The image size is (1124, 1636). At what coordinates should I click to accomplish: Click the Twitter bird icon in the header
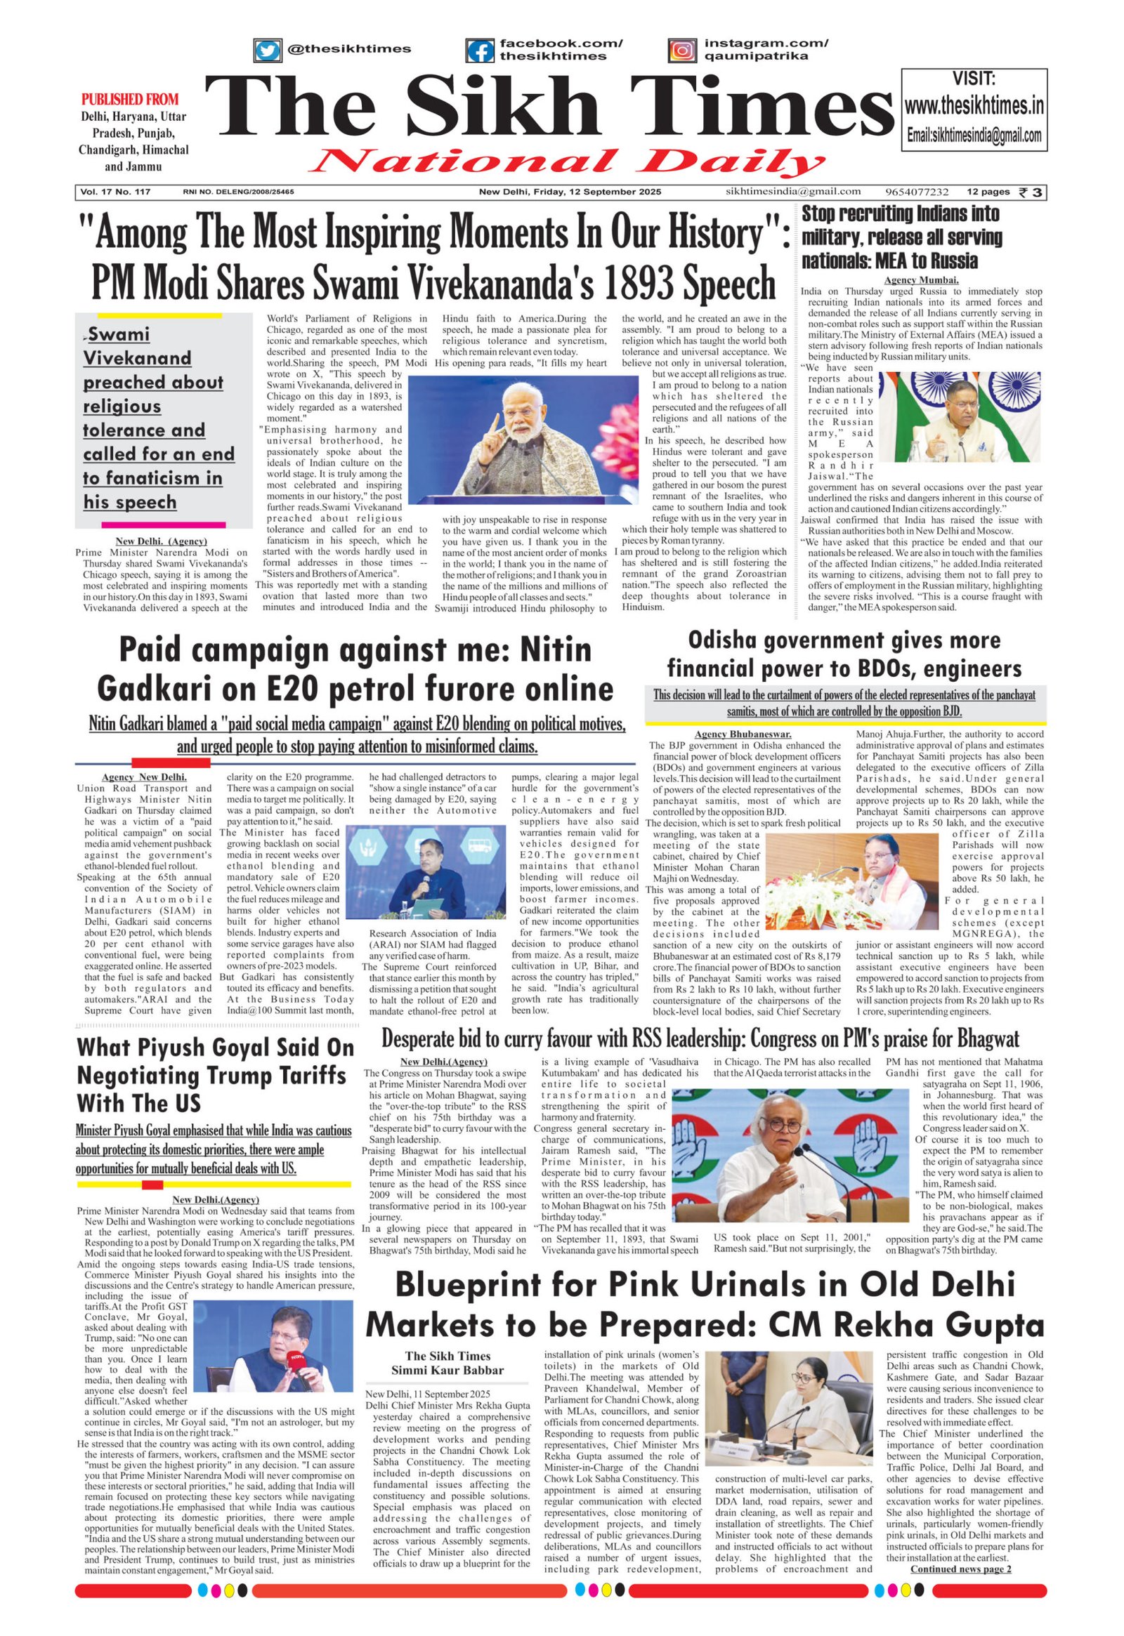point(266,51)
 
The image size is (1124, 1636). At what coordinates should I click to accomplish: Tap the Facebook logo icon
point(480,51)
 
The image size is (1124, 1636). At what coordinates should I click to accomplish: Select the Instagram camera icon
point(681,51)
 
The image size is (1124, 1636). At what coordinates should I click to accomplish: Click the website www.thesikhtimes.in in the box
point(974,106)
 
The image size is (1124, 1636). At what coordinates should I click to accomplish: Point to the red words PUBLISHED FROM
point(130,99)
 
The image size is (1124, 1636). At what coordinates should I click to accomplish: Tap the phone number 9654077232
point(917,192)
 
